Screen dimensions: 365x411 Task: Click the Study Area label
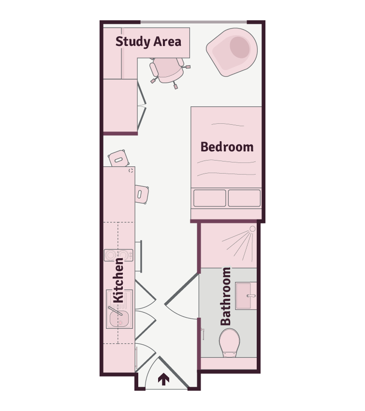148,42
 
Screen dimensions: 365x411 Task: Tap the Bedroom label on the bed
227,147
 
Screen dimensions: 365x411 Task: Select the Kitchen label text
118,280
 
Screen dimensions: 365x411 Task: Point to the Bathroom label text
226,296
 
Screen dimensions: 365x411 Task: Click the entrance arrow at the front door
163,379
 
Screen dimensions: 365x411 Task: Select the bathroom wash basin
246,295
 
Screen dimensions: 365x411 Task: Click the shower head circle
252,229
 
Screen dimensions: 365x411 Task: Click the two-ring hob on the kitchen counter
118,255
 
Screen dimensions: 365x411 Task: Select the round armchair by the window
232,52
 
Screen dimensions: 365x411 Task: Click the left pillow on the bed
210,198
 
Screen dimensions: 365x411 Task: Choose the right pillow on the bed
244,198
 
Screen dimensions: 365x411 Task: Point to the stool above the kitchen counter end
118,158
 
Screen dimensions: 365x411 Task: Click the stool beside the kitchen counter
142,194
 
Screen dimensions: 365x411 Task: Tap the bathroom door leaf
181,289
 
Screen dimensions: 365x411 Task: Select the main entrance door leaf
173,372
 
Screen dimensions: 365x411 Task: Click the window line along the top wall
194,22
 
